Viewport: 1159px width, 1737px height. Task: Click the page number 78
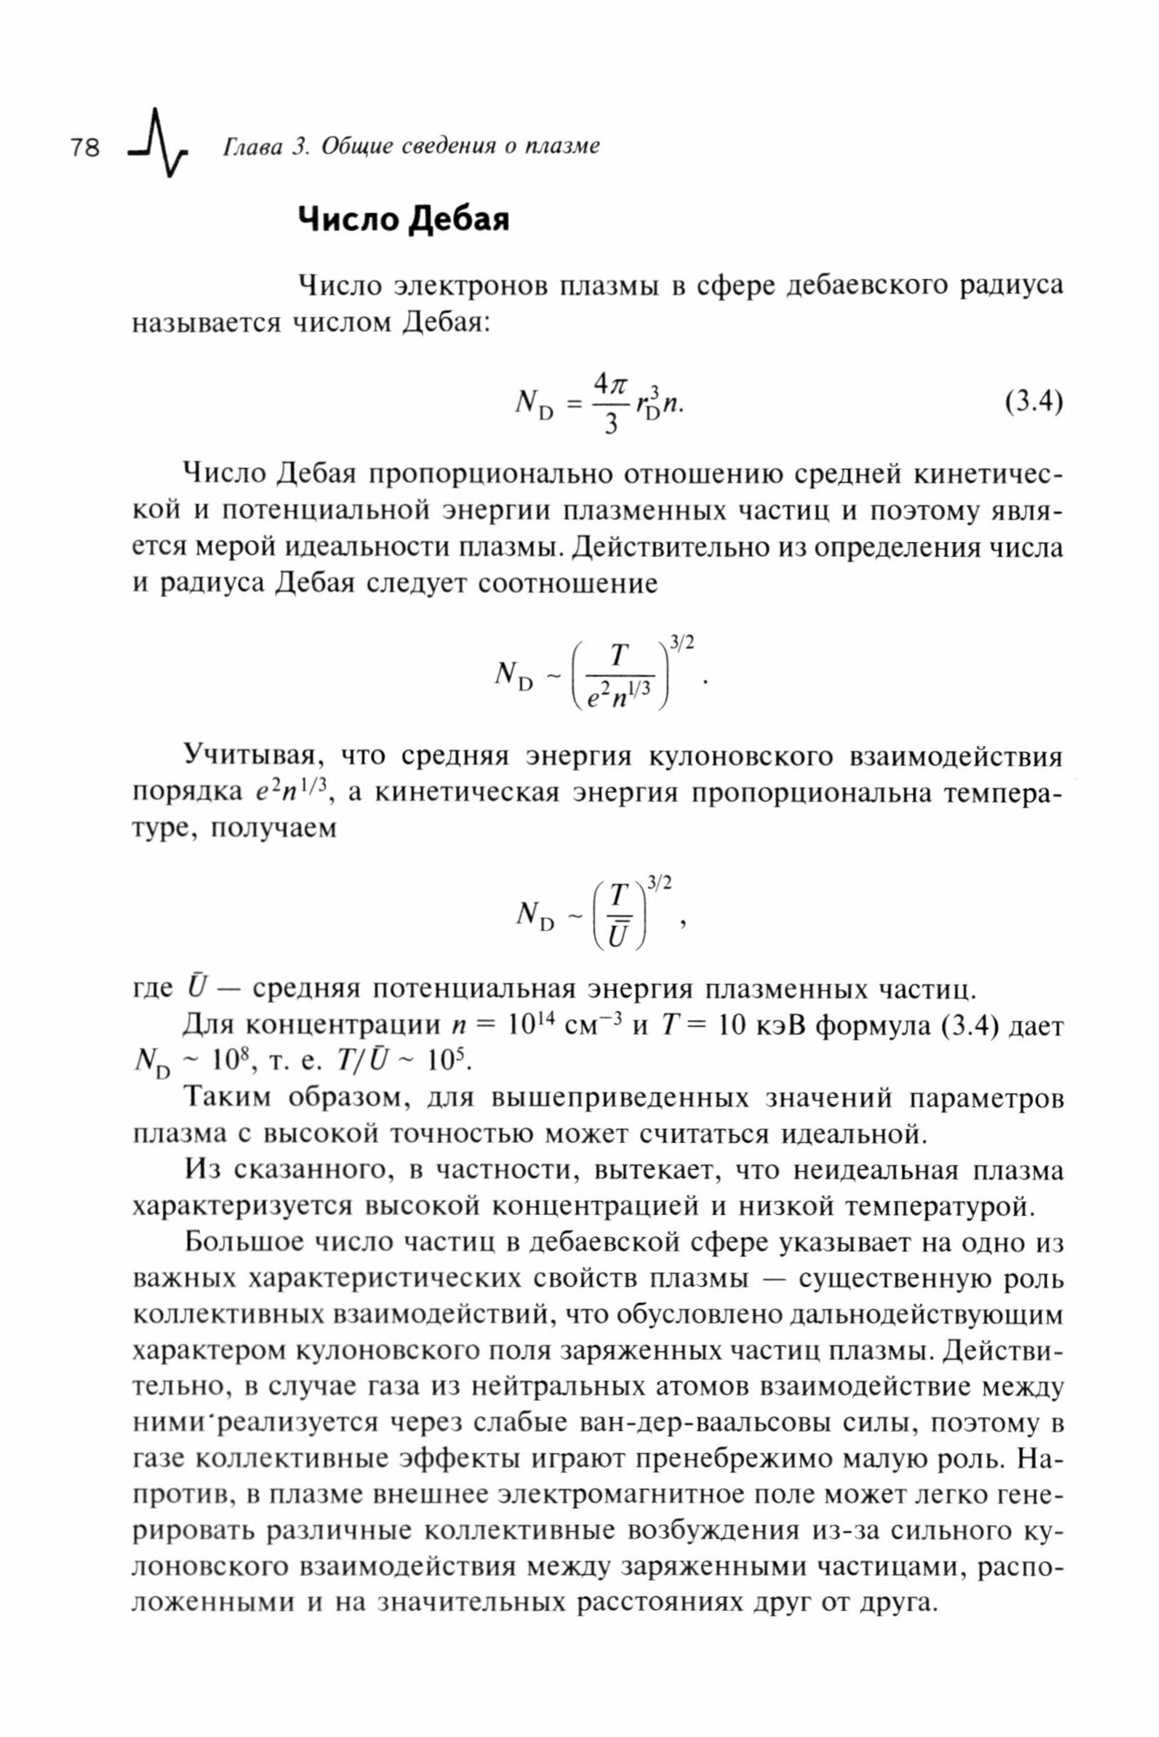tap(85, 148)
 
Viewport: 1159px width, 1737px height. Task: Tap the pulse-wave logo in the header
tap(156, 143)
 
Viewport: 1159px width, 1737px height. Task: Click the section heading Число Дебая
tap(403, 220)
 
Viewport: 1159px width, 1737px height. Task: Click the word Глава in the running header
tap(252, 147)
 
